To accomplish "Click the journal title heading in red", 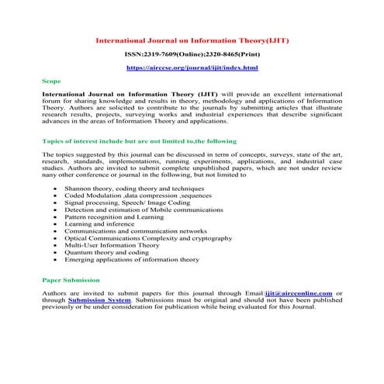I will click(x=192, y=40).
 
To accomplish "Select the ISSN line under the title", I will click(x=192, y=55).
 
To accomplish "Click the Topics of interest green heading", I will click(x=140, y=141).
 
